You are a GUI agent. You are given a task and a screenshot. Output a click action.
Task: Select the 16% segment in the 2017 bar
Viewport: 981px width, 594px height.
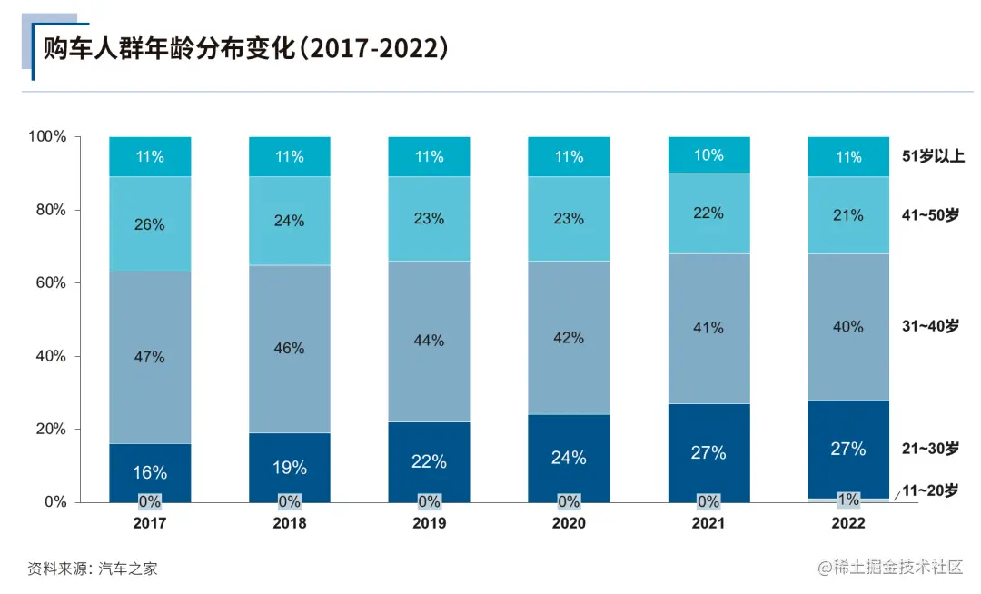point(150,472)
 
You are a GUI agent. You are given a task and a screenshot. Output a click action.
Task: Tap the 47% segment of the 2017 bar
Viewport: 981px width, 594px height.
point(150,357)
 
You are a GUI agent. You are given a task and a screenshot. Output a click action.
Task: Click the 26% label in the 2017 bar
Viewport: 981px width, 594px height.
point(150,224)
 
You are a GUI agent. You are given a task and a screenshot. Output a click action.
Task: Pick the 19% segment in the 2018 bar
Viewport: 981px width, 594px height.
point(290,468)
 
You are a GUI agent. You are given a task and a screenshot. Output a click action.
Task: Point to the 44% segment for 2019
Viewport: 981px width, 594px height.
point(429,341)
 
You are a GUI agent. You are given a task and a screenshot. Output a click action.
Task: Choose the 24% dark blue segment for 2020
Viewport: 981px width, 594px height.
point(569,458)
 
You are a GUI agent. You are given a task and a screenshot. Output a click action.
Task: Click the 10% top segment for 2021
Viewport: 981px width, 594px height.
point(708,155)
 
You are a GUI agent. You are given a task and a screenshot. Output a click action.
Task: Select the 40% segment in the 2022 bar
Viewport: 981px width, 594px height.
point(848,326)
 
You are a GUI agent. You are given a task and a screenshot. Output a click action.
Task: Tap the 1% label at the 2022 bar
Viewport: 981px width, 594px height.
point(848,500)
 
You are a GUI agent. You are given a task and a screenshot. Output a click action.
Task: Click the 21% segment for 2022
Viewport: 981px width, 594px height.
point(848,214)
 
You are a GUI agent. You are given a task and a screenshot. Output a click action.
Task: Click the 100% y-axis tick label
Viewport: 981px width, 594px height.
point(47,136)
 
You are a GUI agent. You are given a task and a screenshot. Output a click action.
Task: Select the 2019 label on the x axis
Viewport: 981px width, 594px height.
point(429,523)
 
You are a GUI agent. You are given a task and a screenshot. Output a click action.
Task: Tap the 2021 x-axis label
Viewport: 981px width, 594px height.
point(708,523)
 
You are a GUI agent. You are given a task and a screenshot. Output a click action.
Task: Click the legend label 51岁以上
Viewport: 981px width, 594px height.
point(933,156)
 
